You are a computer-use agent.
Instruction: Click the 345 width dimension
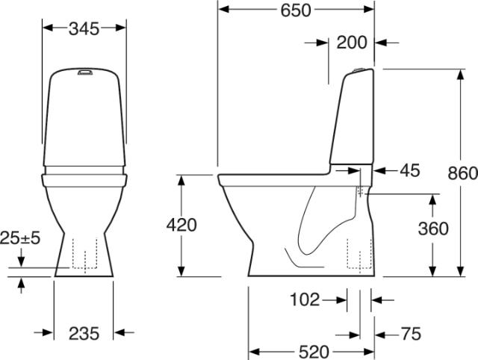click(x=84, y=28)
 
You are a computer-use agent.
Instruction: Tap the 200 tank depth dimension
click(x=351, y=43)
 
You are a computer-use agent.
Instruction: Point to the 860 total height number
click(x=462, y=173)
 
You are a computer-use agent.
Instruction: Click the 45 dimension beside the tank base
click(x=410, y=170)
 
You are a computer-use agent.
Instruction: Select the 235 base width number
click(x=84, y=334)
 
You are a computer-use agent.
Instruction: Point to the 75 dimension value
click(x=411, y=333)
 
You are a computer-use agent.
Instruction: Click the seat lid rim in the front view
click(x=84, y=179)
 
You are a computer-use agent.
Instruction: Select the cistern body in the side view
click(x=352, y=120)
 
